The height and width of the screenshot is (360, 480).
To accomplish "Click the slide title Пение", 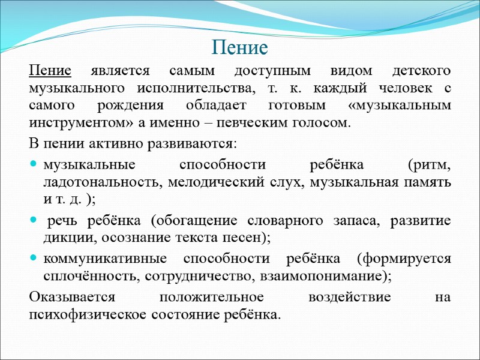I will pos(239,46).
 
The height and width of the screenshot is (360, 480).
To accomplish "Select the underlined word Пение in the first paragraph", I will pos(50,71).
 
